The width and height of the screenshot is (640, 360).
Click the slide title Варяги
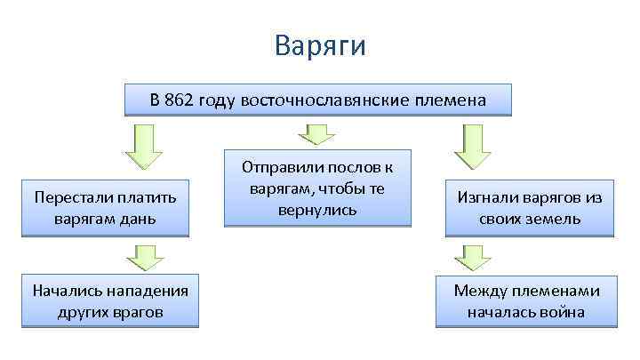(320, 44)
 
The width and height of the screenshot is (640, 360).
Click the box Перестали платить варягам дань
(106, 206)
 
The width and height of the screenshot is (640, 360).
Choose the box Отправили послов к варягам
(317, 188)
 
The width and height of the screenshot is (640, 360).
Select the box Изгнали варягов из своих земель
(529, 206)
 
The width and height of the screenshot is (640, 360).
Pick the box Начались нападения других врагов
(110, 300)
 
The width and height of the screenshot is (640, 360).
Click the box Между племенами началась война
(526, 300)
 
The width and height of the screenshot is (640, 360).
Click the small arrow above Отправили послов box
(316, 133)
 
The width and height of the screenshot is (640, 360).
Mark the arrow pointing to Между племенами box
(472, 257)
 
